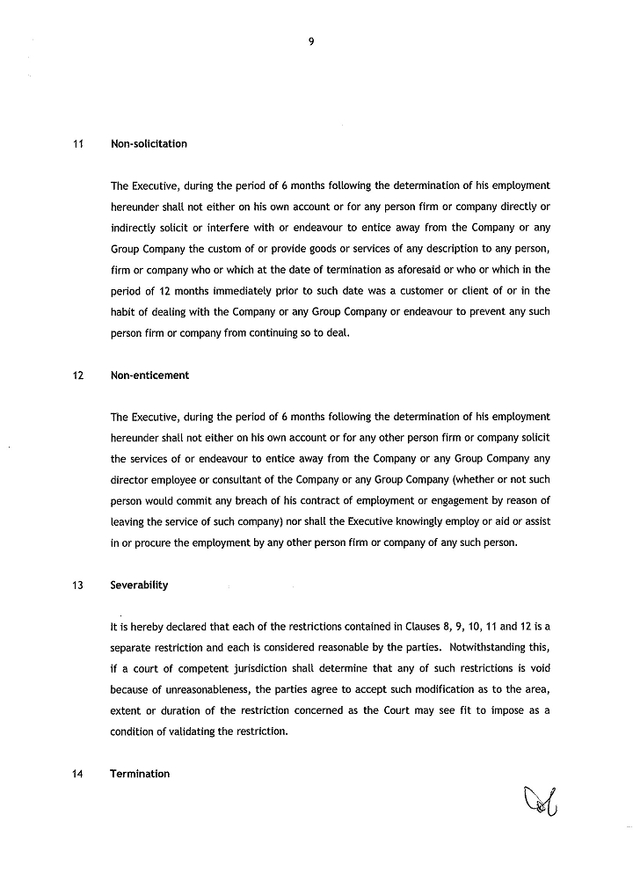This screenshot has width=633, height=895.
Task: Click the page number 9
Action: pos(312,38)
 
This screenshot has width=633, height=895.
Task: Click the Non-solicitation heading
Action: pos(149,143)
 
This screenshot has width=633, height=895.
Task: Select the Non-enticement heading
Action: pos(149,375)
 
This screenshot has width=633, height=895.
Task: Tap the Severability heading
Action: pos(139,585)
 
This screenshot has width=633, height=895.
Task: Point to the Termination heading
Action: pos(140,774)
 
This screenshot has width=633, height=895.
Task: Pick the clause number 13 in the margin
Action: pos(77,585)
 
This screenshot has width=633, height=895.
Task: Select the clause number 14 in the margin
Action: pos(77,774)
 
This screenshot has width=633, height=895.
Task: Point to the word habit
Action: pos(124,311)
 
